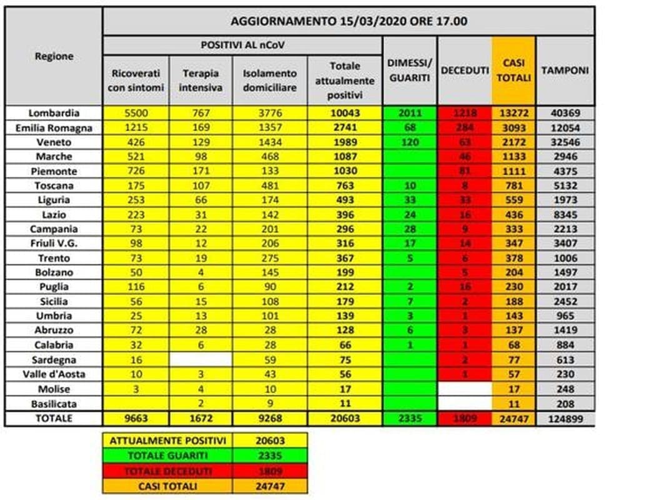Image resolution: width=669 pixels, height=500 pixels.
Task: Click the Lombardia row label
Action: tap(54, 113)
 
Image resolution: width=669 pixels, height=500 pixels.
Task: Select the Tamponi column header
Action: tap(565, 71)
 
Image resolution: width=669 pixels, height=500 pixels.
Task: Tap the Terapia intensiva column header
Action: tap(201, 80)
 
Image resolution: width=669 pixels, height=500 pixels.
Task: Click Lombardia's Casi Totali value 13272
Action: tap(513, 113)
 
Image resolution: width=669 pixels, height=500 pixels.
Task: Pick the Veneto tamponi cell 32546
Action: tap(565, 142)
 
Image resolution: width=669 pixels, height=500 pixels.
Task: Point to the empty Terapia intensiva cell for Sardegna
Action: tap(201, 359)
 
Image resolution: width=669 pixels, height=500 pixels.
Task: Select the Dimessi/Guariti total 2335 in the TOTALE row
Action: tap(410, 418)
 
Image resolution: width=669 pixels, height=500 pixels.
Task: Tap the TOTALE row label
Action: tap(54, 418)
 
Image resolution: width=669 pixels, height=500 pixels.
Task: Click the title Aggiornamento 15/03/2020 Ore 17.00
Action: tap(349, 21)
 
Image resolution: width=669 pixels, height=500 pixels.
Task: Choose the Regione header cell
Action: tap(54, 56)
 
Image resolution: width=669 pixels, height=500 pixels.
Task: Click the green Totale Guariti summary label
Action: tap(167, 455)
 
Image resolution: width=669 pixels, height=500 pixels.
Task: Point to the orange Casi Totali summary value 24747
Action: tap(270, 485)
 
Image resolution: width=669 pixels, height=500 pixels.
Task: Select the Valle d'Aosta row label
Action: tap(54, 374)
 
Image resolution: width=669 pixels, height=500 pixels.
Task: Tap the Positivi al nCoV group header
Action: tap(242, 46)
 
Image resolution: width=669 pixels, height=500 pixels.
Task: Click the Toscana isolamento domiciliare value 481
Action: tap(270, 186)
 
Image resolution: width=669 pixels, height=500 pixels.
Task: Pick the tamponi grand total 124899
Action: tap(565, 418)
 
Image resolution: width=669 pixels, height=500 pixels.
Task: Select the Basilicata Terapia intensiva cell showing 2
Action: tap(201, 403)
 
